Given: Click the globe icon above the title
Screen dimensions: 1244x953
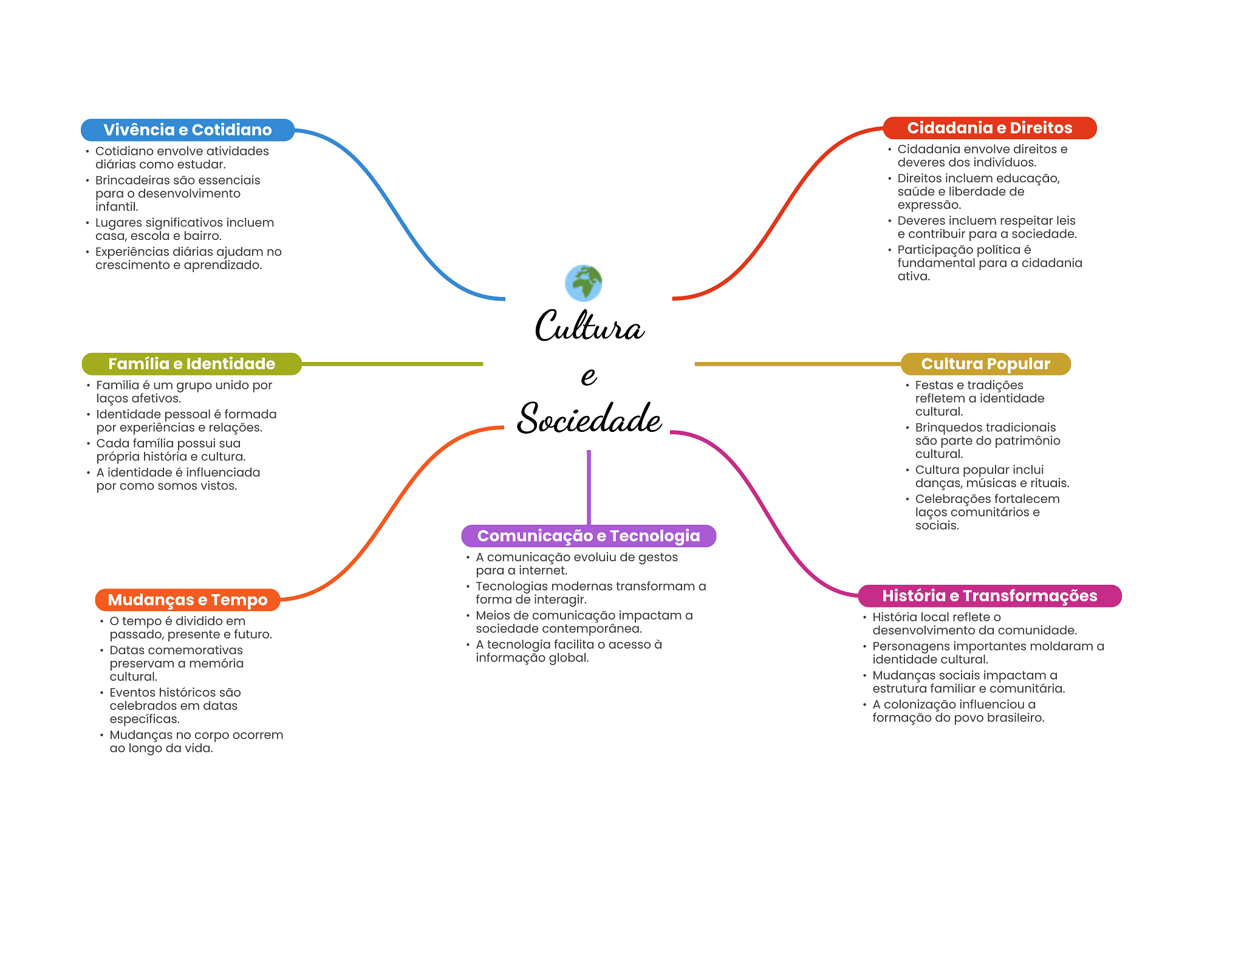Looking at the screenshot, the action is [x=583, y=283].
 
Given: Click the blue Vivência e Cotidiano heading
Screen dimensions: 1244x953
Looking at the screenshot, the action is [x=188, y=130].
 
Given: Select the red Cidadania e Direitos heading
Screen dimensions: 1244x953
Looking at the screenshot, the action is [x=989, y=128].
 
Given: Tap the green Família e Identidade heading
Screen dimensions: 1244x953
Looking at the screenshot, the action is [x=192, y=364].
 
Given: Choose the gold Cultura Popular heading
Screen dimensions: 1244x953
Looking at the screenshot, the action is [x=985, y=364].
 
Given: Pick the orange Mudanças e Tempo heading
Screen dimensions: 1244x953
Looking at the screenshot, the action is [x=188, y=600].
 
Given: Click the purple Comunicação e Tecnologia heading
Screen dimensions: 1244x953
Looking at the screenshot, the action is [x=589, y=536].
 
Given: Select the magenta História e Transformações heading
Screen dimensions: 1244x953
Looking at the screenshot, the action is [x=989, y=596].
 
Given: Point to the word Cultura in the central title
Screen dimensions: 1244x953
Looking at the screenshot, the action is [x=589, y=326].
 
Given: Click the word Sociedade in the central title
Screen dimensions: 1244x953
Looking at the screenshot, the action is [x=589, y=418].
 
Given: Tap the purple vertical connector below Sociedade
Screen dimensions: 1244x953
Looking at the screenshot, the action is [x=589, y=487].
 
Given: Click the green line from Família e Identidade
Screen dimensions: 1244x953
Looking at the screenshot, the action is [x=392, y=364].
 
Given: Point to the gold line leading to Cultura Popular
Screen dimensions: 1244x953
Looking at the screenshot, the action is [x=798, y=364].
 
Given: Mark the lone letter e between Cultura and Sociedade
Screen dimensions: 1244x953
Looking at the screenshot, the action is [x=589, y=376].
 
